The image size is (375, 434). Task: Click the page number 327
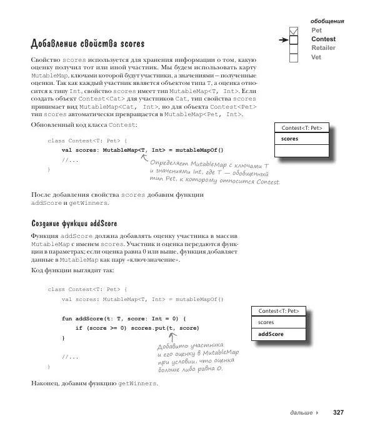pyautogui.click(x=338, y=413)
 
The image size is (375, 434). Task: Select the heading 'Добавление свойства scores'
pyautogui.click(x=87, y=44)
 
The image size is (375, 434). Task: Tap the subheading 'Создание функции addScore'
pyautogui.click(x=74, y=223)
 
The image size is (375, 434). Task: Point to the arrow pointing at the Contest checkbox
pyautogui.click(x=284, y=39)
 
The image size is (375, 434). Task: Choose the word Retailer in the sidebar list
pyautogui.click(x=323, y=48)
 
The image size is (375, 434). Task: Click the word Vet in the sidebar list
pyautogui.click(x=316, y=57)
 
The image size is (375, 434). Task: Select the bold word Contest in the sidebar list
pyautogui.click(x=323, y=39)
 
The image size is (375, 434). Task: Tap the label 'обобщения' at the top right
pyautogui.click(x=327, y=21)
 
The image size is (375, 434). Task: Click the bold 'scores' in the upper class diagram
pyautogui.click(x=289, y=139)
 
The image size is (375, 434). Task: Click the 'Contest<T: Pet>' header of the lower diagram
pyautogui.click(x=279, y=310)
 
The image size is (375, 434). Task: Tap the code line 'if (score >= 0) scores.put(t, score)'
pyautogui.click(x=137, y=328)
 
